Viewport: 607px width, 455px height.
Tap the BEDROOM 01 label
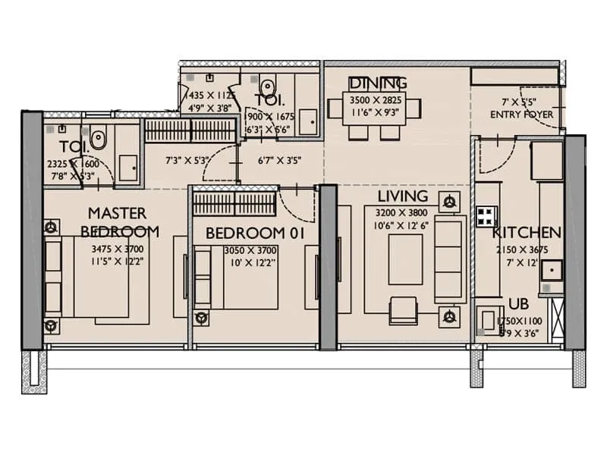click(255, 234)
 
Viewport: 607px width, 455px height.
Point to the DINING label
click(377, 83)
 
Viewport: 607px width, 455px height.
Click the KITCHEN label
click(527, 233)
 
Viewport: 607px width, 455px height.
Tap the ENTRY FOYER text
click(521, 115)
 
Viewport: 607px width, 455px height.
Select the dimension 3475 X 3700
click(117, 249)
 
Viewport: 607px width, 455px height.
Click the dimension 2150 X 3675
click(521, 250)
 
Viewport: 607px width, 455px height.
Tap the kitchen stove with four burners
click(485, 217)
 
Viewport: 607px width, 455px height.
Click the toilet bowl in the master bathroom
click(98, 140)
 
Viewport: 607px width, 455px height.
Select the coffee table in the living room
click(405, 259)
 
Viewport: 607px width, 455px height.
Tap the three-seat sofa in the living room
click(450, 259)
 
